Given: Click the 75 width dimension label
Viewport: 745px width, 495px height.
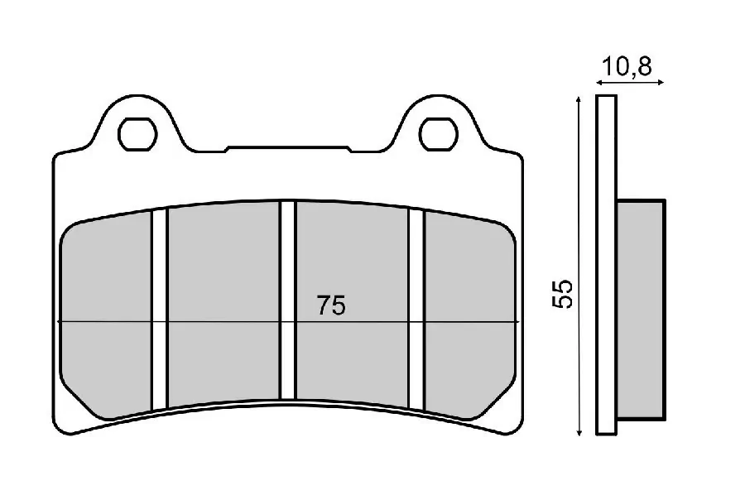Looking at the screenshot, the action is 331,305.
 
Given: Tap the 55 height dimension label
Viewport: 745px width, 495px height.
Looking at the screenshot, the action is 563,294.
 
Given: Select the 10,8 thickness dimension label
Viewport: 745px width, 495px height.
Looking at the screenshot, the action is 627,66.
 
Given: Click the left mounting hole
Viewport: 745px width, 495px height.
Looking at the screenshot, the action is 137,134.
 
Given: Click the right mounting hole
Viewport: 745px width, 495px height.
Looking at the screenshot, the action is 438,134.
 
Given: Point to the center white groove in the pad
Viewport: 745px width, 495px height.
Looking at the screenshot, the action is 287,300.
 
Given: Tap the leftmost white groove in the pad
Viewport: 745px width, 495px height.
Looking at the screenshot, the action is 160,310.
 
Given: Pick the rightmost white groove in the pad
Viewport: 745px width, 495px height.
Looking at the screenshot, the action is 416,310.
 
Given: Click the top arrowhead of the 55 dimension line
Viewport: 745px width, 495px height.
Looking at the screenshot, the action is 579,99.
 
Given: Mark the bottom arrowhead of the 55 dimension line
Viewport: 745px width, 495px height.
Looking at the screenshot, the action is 579,432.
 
